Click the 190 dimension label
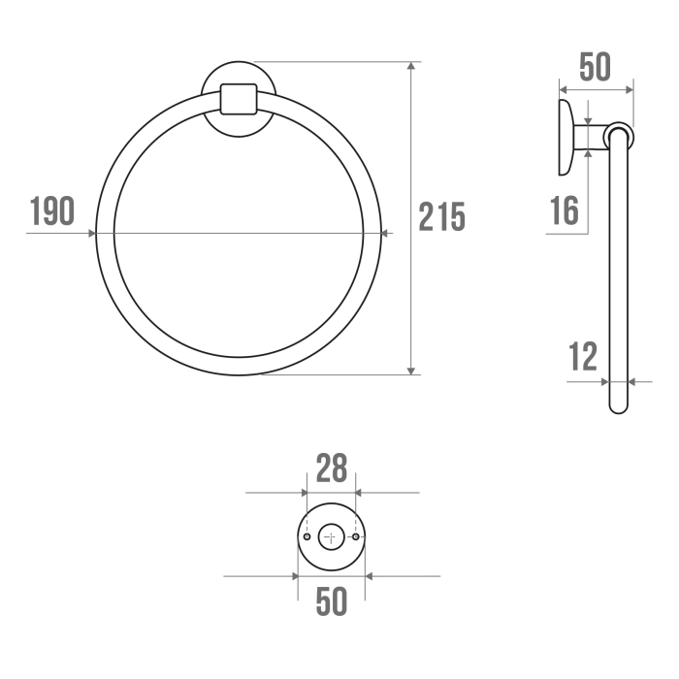click(x=52, y=210)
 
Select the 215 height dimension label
click(x=441, y=217)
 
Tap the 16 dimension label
click(x=565, y=210)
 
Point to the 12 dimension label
click(x=583, y=356)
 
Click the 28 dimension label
click(x=332, y=469)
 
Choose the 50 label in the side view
click(x=595, y=67)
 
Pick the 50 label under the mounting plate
click(x=332, y=601)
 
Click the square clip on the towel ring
click(x=239, y=99)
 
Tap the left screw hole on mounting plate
click(x=307, y=537)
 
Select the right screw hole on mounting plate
click(x=356, y=537)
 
